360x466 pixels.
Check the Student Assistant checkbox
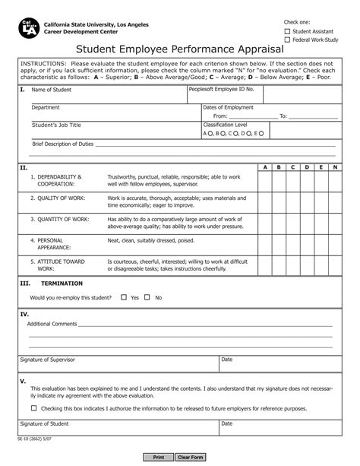[x=287, y=32]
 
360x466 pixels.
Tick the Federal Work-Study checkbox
[x=287, y=40]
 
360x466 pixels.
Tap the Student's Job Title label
[x=56, y=124]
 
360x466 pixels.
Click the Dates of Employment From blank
[x=250, y=116]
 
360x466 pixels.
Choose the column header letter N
[x=336, y=166]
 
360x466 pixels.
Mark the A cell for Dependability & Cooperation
[x=265, y=181]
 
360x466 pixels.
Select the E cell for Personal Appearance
[x=321, y=244]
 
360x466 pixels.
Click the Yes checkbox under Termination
[x=124, y=297]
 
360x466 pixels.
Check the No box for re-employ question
[x=147, y=297]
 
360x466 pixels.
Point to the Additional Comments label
[x=52, y=324]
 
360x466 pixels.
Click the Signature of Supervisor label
[x=48, y=359]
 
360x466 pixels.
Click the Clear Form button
[x=190, y=457]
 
